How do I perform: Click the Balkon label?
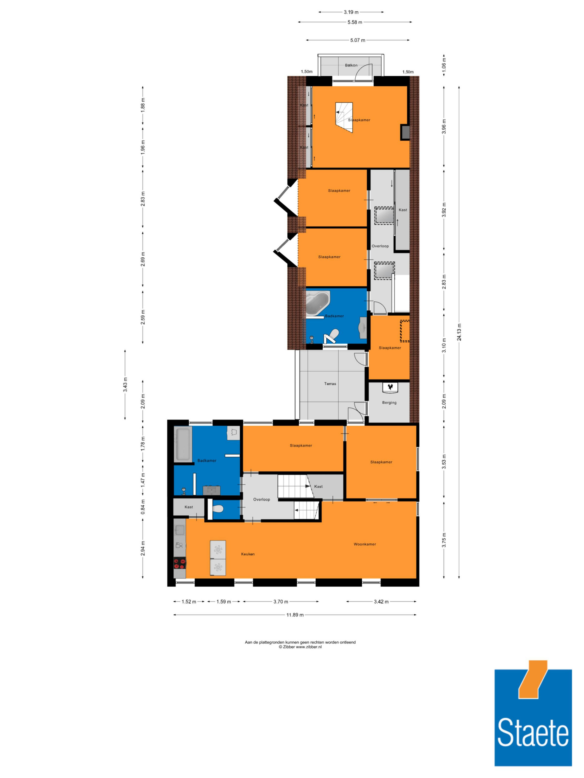351,65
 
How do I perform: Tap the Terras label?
330,384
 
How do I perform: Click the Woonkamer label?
365,544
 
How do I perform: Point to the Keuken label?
248,554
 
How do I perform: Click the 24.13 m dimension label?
459,332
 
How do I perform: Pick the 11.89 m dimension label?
295,615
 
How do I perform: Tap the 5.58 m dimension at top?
355,22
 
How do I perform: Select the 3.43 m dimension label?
125,384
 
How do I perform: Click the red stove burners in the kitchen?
180,564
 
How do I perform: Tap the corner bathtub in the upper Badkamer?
317,303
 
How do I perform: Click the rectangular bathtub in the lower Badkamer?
183,444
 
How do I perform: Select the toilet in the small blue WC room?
218,508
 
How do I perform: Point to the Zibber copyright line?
300,647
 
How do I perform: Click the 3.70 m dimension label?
281,602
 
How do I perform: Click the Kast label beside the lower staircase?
318,486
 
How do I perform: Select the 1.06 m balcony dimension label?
444,65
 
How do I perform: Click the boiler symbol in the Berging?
390,387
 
